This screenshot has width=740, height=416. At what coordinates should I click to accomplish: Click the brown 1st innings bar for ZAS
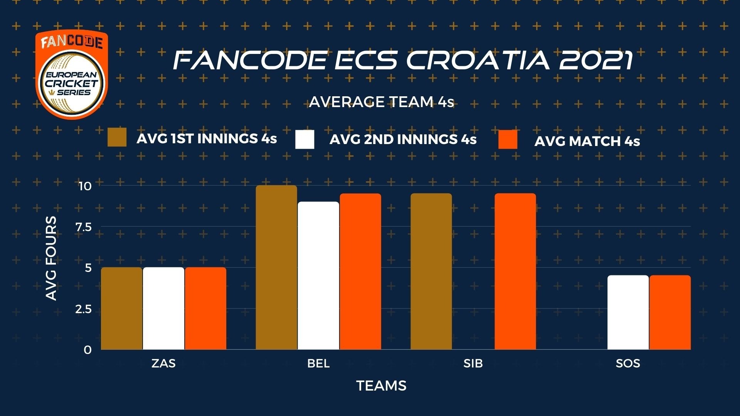(122, 309)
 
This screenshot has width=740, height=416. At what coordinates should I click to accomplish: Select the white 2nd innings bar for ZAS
(164, 309)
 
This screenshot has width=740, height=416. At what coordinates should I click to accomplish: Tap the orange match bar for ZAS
(206, 309)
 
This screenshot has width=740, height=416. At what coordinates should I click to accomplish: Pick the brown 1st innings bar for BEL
(277, 267)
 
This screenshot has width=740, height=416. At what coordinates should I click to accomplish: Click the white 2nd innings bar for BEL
(319, 276)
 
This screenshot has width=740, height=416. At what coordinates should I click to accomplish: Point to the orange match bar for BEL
(361, 272)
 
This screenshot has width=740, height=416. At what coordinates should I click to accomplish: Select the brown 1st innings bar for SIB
(431, 272)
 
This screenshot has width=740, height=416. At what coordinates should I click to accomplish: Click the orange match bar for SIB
(515, 272)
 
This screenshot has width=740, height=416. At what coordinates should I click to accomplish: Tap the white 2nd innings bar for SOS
(628, 312)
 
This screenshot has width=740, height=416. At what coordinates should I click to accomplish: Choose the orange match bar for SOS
(670, 312)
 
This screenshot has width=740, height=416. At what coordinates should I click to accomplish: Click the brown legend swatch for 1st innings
(117, 138)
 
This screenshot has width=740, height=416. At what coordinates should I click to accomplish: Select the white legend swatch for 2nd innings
(305, 139)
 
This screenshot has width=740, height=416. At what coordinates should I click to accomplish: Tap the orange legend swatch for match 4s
(508, 139)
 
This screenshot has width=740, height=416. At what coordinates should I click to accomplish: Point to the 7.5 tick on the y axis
(84, 227)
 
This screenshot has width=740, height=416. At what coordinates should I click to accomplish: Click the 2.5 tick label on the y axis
(84, 309)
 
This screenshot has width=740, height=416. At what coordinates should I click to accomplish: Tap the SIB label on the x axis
(473, 363)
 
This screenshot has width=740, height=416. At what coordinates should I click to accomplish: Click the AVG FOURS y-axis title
(51, 258)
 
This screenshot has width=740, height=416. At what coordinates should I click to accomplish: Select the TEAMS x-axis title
(382, 386)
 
